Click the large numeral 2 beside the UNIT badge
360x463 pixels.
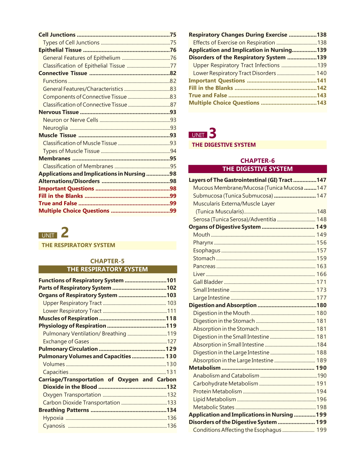pos(65,232)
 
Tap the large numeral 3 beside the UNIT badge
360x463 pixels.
pos(212,133)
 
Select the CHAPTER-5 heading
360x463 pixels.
pos(107,261)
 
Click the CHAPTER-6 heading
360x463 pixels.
pos(257,160)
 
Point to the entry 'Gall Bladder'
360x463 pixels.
pos(208,282)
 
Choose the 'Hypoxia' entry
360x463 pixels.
pos(53,418)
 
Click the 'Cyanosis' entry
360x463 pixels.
pos(54,426)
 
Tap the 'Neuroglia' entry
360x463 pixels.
pos(55,128)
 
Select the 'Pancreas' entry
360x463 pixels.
pos(204,266)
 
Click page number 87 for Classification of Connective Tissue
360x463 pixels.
pos(173,105)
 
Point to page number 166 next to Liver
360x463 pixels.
pos(321,274)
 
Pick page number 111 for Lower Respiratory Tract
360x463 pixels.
pos(172,311)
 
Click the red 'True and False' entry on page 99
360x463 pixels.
pos(58,203)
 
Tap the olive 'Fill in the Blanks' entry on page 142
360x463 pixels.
pos(211,88)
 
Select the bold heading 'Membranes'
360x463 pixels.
pos(55,159)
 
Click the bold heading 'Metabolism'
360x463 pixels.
pos(205,368)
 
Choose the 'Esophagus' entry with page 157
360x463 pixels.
pos(207,250)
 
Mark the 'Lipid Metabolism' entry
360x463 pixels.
pos(214,399)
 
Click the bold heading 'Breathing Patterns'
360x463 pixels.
pos(64,410)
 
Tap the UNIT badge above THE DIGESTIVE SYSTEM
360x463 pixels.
pos(198,135)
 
